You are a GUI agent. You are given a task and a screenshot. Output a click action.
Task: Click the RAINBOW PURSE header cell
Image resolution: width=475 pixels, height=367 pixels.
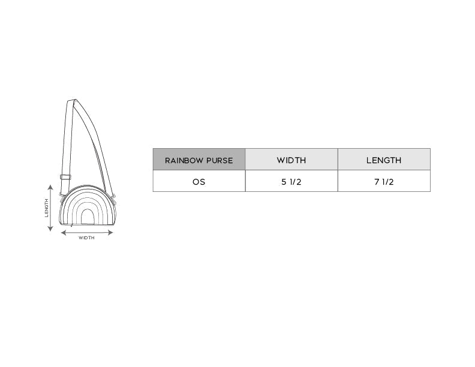(x=199, y=160)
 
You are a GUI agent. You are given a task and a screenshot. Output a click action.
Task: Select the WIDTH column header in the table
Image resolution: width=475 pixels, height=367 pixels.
(x=291, y=160)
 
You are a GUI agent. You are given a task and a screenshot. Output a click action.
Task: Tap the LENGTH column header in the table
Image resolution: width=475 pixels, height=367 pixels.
(x=384, y=160)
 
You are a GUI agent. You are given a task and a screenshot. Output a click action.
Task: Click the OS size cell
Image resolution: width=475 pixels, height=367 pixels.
(x=199, y=182)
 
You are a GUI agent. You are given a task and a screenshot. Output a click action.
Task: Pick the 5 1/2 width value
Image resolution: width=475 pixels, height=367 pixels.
(x=291, y=182)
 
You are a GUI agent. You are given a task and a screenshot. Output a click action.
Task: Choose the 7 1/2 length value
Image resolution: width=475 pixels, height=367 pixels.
(x=384, y=182)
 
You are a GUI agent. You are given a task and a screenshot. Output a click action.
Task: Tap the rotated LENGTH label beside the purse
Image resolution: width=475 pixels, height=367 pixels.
(x=47, y=208)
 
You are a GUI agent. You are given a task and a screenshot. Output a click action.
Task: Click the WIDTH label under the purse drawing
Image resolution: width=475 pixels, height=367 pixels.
(x=86, y=238)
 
